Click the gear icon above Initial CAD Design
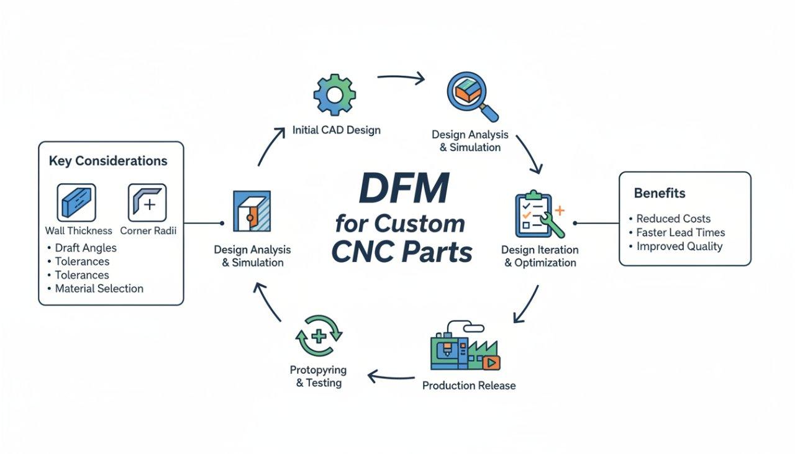pos(334,95)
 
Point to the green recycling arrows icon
pos(318,337)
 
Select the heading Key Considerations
pos(108,161)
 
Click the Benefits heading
pos(660,193)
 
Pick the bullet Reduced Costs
pos(673,219)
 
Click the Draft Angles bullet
pos(86,248)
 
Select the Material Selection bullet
pos(99,288)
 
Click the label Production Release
pos(469,386)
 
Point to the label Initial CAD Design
pos(336,130)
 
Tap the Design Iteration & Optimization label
pos(540,256)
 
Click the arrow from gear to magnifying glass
pos(401,78)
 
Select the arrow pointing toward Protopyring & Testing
pos(391,376)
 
